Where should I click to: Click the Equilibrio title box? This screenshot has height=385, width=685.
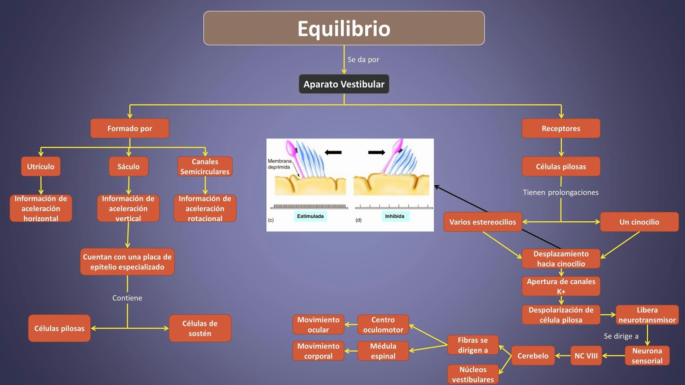point(344,28)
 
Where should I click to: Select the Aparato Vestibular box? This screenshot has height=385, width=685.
point(344,84)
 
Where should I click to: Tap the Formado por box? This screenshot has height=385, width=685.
point(130,128)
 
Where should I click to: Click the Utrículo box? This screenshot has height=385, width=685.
point(41,166)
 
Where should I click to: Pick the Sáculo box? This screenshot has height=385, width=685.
point(128,166)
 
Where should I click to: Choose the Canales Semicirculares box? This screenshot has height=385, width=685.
point(205,166)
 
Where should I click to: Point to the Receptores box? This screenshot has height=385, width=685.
point(561,128)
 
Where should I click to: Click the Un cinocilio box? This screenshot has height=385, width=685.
point(639,222)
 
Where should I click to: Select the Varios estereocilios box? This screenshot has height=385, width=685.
point(482,222)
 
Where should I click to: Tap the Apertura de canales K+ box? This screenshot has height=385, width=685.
point(561,286)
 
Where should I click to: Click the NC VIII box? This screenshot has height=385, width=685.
point(586,355)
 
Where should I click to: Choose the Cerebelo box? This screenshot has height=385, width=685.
point(533,355)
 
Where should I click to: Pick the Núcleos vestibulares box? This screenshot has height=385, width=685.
point(473,374)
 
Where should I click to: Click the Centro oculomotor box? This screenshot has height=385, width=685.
point(383,325)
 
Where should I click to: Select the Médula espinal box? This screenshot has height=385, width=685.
point(383,351)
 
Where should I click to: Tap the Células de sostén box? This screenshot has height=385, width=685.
point(200,328)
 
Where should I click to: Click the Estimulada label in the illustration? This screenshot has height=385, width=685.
point(310,216)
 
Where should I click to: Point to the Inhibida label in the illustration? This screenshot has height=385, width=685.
point(394,216)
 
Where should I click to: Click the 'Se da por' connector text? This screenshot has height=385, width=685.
point(363,59)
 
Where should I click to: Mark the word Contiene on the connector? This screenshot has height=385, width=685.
point(127,298)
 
